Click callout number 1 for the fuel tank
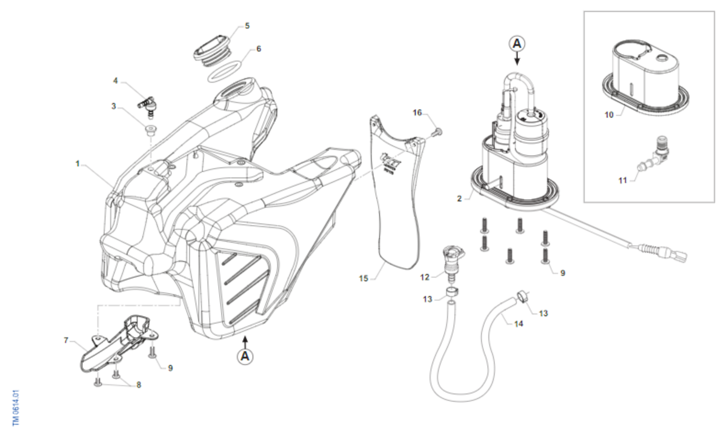tap(78, 163)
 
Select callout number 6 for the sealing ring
tap(259, 49)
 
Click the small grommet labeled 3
tap(149, 129)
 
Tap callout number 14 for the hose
tap(519, 324)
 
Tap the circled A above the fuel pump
tap(517, 43)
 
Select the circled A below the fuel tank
tap(245, 356)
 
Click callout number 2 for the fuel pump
tap(460, 198)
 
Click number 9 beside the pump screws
tap(562, 273)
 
